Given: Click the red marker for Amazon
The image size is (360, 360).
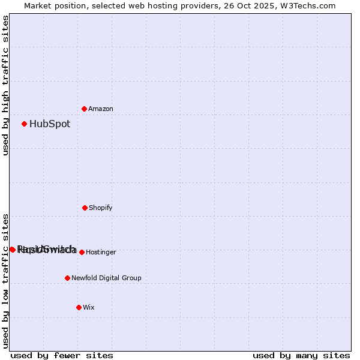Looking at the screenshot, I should pos(85,109).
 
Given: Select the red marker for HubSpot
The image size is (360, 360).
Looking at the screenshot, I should pos(25,124).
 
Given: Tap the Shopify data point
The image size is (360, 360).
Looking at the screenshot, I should pos(85,208).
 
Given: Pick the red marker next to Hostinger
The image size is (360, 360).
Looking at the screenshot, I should pos(82,252).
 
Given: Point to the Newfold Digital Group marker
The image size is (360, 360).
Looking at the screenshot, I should pos(67,278).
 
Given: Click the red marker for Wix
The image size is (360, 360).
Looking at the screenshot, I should pos(79,307).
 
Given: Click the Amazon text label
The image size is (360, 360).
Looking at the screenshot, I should pos(101,109).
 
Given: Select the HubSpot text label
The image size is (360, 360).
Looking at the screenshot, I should pos(50,124).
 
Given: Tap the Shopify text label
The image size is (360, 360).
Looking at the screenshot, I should pos(101,208).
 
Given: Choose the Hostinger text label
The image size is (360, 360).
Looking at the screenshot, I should pos(101,253).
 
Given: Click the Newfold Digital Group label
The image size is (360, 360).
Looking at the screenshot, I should pos(106,278).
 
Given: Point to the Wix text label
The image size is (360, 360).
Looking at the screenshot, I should pos(89,308).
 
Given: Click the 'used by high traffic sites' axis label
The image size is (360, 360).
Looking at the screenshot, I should pos(5,85).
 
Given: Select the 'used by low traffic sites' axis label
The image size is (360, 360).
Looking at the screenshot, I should pos(5,281).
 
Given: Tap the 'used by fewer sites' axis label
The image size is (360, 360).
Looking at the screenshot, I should pos(62,355).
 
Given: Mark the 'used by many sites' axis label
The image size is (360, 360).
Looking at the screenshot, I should pos(301,355).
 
